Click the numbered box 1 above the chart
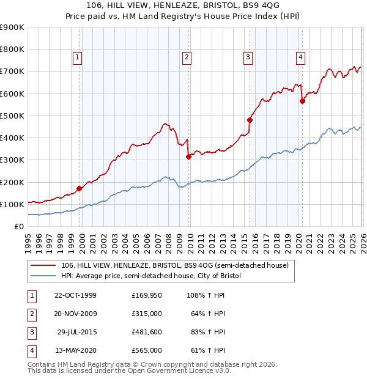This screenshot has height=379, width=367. pyautogui.click(x=78, y=58)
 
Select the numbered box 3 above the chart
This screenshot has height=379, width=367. pyautogui.click(x=248, y=58)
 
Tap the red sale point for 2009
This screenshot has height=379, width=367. pyautogui.click(x=188, y=156)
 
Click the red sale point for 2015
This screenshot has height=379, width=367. pyautogui.click(x=250, y=120)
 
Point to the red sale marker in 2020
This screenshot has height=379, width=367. pyautogui.click(x=302, y=101)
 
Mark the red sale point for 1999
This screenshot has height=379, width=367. pyautogui.click(x=79, y=188)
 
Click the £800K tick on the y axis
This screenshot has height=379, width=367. pyautogui.click(x=12, y=50)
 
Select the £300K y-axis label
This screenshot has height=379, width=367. pyautogui.click(x=12, y=160)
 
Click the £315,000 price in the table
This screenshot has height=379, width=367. pyautogui.click(x=147, y=314)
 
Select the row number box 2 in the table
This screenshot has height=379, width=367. pyautogui.click(x=31, y=314)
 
